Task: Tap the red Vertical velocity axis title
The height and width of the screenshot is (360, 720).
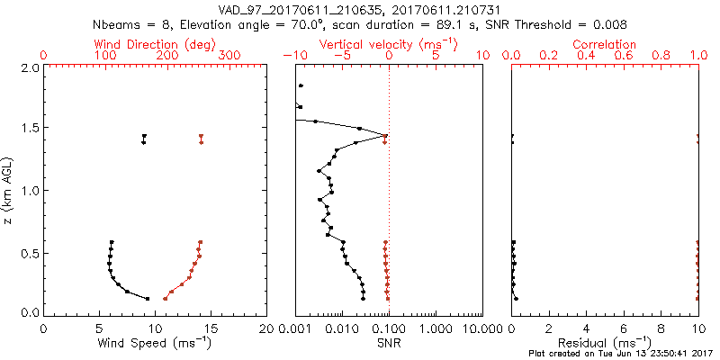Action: point(388,44)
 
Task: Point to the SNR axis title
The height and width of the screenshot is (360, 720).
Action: point(388,343)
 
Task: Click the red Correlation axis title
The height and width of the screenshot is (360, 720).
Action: point(605,44)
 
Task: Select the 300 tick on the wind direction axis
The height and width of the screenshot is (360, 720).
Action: point(229,56)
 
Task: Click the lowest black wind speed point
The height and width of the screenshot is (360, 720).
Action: point(148,299)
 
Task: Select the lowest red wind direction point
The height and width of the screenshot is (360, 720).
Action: point(165,299)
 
